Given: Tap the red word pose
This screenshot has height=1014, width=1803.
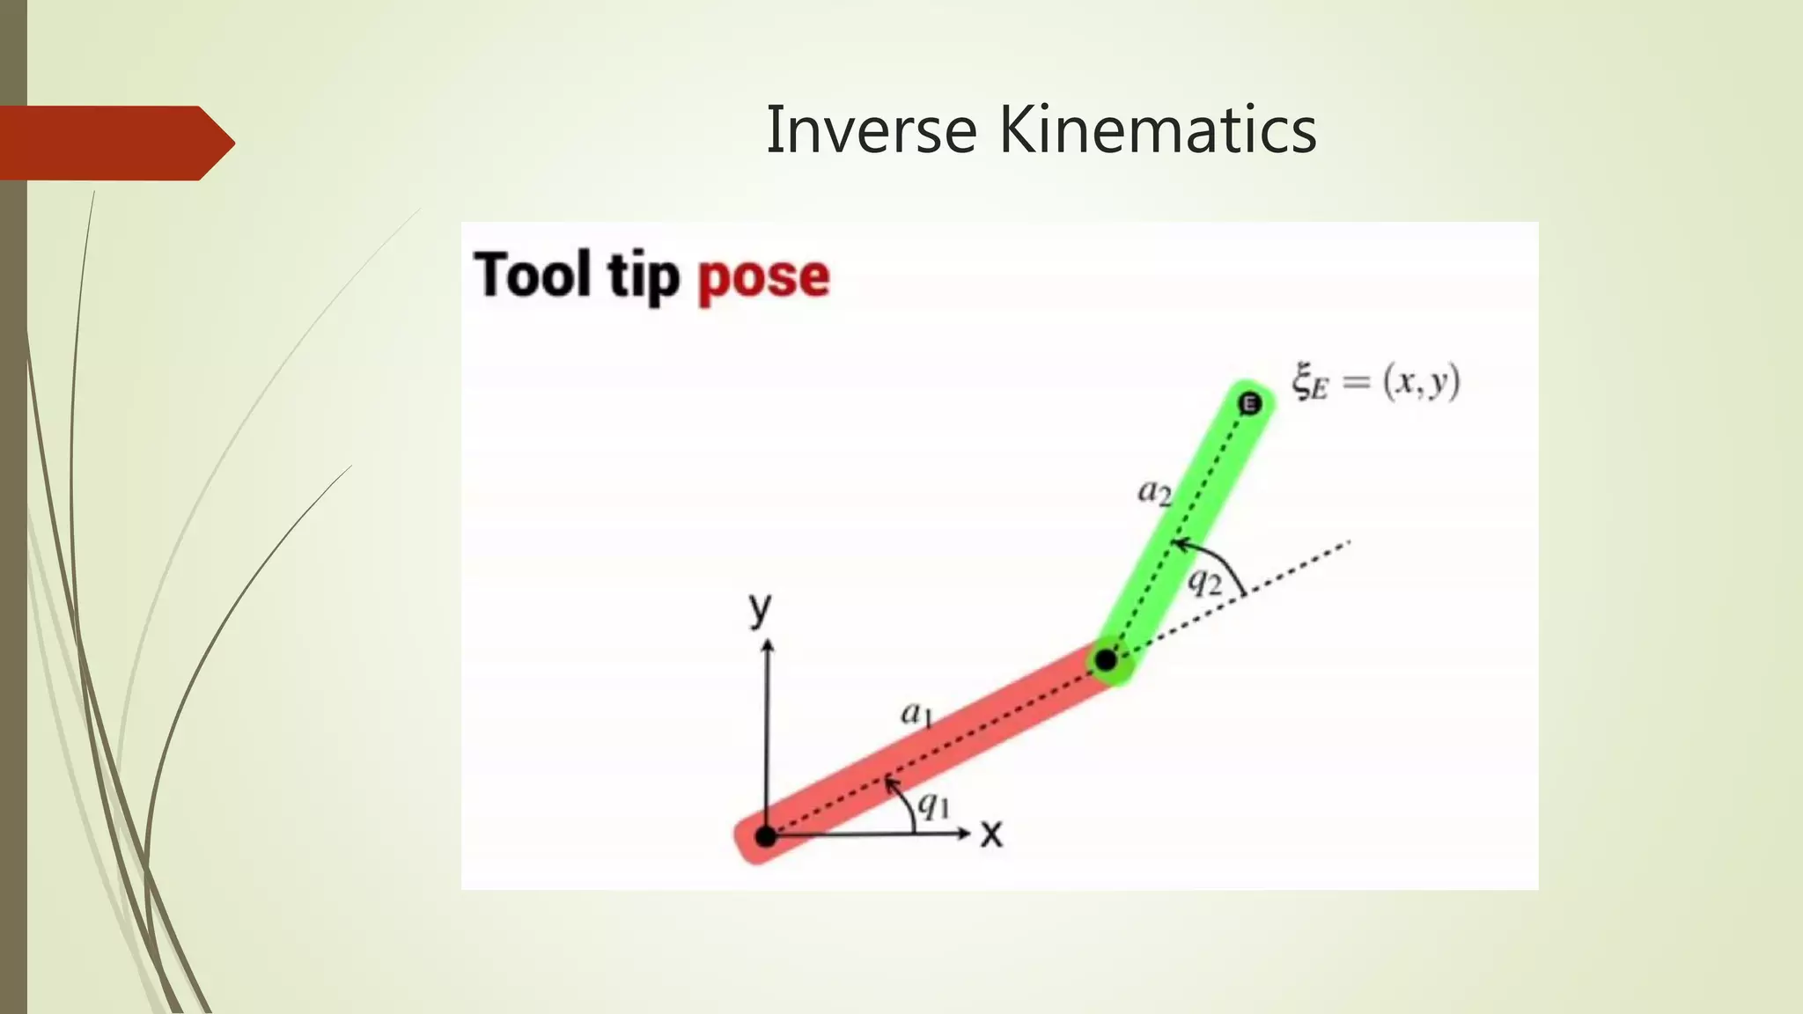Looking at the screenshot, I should (x=763, y=278).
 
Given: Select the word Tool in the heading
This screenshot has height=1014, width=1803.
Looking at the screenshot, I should (x=532, y=275).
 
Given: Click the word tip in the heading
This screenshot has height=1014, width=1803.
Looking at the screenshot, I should (x=644, y=278).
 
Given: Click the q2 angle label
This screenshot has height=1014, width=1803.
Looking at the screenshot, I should (x=1204, y=581).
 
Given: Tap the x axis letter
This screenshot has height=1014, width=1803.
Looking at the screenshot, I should (x=991, y=834).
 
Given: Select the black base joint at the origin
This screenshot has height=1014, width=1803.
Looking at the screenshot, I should (x=766, y=836).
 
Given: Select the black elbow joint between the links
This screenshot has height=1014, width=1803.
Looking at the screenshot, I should (x=1106, y=659).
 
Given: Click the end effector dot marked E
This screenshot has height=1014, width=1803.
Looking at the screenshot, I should (x=1249, y=404).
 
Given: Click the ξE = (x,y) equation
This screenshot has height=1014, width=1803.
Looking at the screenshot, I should (x=1375, y=383).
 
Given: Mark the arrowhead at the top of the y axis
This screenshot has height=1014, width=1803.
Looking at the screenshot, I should (x=768, y=645).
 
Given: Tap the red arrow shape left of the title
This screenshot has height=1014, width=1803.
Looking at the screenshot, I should (x=114, y=143).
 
